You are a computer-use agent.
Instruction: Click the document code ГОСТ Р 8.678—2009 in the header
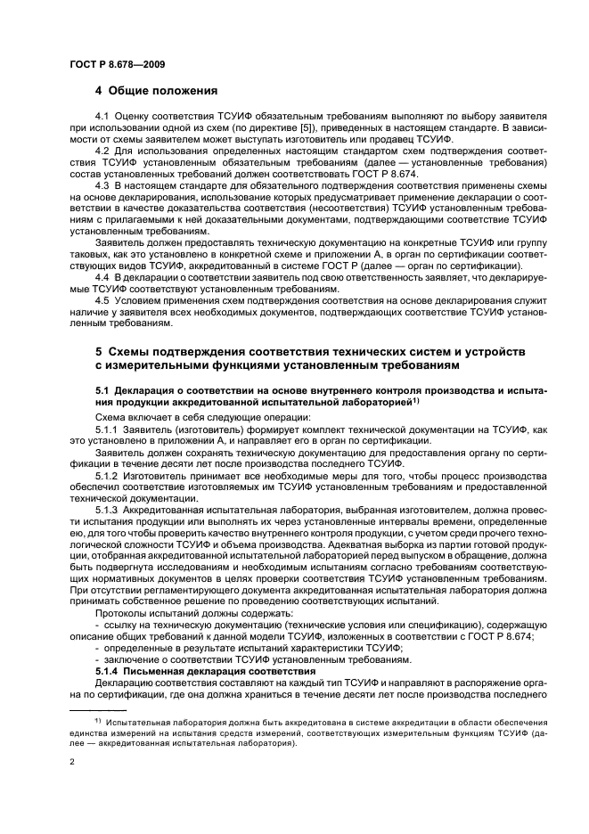click(x=118, y=64)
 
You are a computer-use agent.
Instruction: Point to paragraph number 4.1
click(x=102, y=118)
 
